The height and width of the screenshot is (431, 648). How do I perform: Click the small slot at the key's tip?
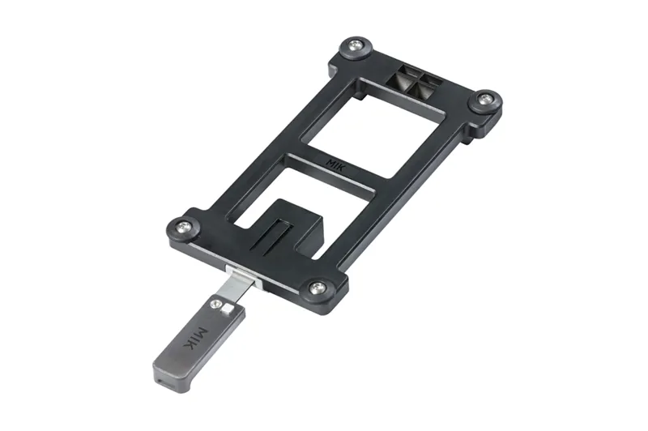(164, 375)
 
